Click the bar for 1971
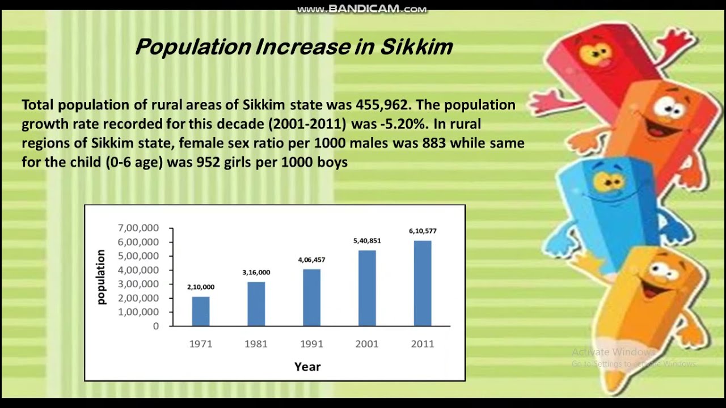coord(201,311)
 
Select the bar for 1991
coord(311,297)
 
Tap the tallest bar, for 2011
coord(423,283)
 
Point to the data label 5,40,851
coord(367,241)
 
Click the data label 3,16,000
coord(256,273)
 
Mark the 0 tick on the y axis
coord(155,326)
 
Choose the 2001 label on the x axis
coord(367,344)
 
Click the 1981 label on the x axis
coord(256,344)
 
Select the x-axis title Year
coord(307,367)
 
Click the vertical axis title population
coord(102,277)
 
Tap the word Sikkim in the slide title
coord(416,47)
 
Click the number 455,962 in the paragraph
coord(379,105)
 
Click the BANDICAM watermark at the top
coord(362,9)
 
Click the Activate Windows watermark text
coord(613,352)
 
